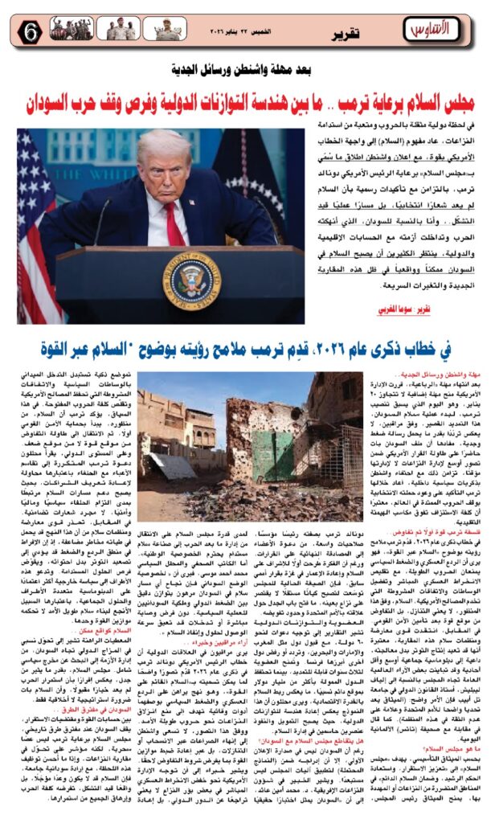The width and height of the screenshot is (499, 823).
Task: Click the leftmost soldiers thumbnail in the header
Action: coord(72,29)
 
